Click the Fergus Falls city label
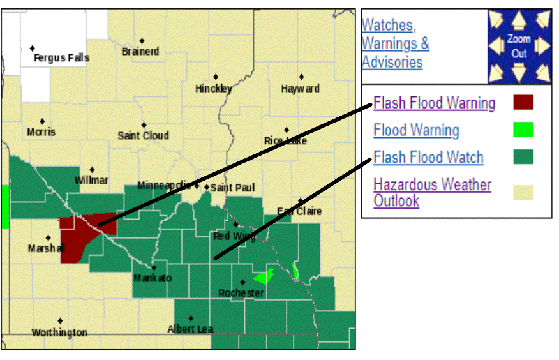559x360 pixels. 61,58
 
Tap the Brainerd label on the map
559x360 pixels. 140,51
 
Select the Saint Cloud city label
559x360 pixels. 144,135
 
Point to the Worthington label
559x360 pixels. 59,333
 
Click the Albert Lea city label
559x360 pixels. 191,329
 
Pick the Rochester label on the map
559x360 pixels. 241,293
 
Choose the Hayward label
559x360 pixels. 301,89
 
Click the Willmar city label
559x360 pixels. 91,180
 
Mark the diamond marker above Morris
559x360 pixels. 42,121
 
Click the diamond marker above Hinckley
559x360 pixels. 216,77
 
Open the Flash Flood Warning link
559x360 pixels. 434,103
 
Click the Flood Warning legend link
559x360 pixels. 416,130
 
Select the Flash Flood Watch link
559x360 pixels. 428,158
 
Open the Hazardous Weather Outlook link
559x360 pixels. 432,192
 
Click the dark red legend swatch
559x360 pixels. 523,102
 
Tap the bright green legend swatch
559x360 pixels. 523,130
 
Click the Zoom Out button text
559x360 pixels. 519,47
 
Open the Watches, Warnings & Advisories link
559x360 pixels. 395,43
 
